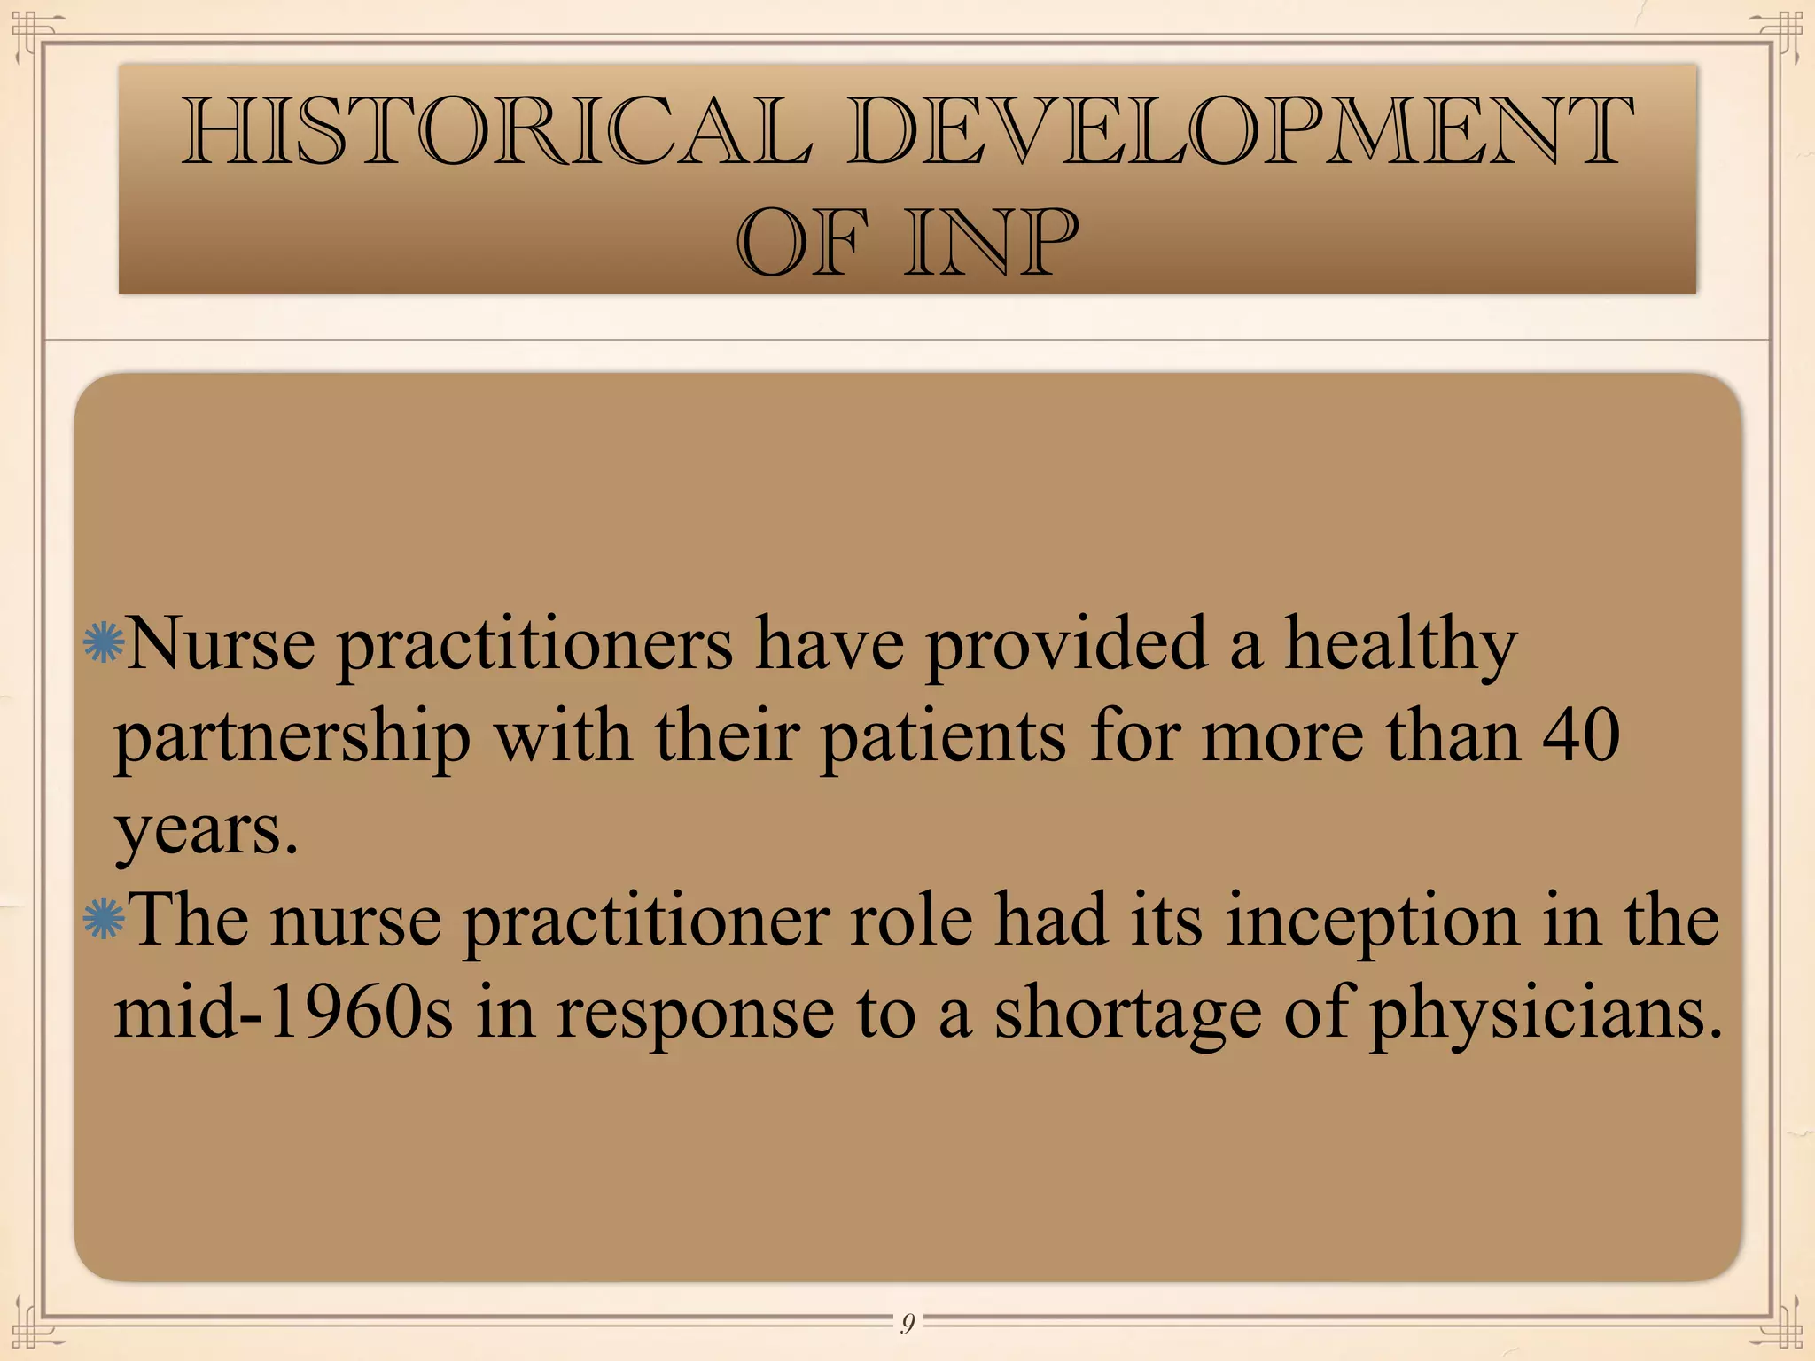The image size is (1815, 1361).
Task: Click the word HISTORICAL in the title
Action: (497, 133)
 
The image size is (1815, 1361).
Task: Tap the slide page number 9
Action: (907, 1324)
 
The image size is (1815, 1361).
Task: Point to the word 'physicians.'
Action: (1546, 1015)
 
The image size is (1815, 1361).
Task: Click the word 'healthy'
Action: (1401, 644)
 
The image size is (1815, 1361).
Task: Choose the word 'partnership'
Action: (292, 738)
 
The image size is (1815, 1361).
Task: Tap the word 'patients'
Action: (943, 738)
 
